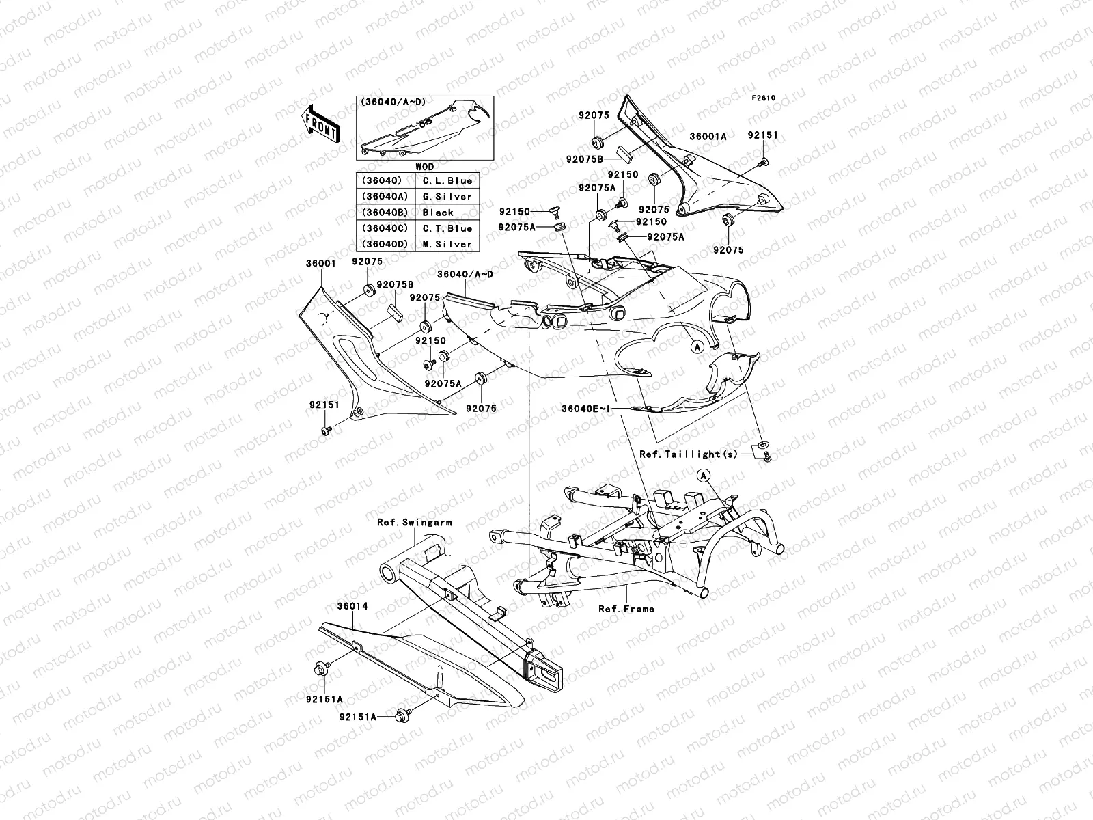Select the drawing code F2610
click(x=764, y=98)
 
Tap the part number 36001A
click(x=708, y=137)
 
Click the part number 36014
click(x=348, y=606)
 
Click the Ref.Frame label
click(x=626, y=609)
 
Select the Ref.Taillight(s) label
click(x=689, y=454)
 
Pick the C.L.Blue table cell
click(x=447, y=181)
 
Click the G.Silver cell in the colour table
click(x=447, y=197)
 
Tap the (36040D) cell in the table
click(x=386, y=244)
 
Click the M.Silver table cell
click(x=447, y=244)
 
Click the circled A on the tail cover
click(x=697, y=346)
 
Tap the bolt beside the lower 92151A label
click(x=402, y=717)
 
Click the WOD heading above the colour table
click(x=424, y=166)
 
